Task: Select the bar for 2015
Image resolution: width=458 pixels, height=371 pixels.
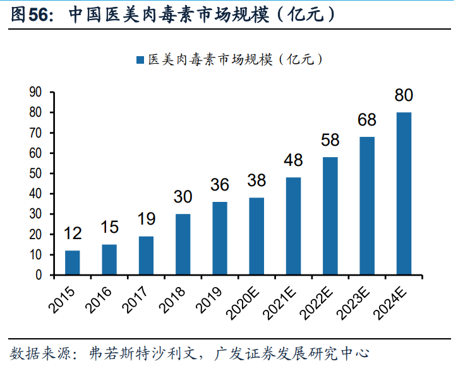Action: [x=73, y=262]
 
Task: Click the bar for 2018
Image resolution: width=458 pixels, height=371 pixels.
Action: [x=183, y=244]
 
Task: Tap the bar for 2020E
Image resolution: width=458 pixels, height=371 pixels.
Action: [x=256, y=236]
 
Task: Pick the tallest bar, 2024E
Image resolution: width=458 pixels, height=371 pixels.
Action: [x=404, y=194]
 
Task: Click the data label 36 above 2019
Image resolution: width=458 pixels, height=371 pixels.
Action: [x=219, y=185]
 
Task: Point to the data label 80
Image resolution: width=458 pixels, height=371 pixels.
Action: [x=404, y=96]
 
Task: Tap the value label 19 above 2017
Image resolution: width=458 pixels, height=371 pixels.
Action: [x=146, y=220]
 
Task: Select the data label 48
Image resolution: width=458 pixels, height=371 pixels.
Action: [x=293, y=161]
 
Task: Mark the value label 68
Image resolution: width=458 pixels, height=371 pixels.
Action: [x=367, y=120]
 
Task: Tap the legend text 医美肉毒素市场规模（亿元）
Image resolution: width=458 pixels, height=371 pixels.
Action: [x=235, y=60]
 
